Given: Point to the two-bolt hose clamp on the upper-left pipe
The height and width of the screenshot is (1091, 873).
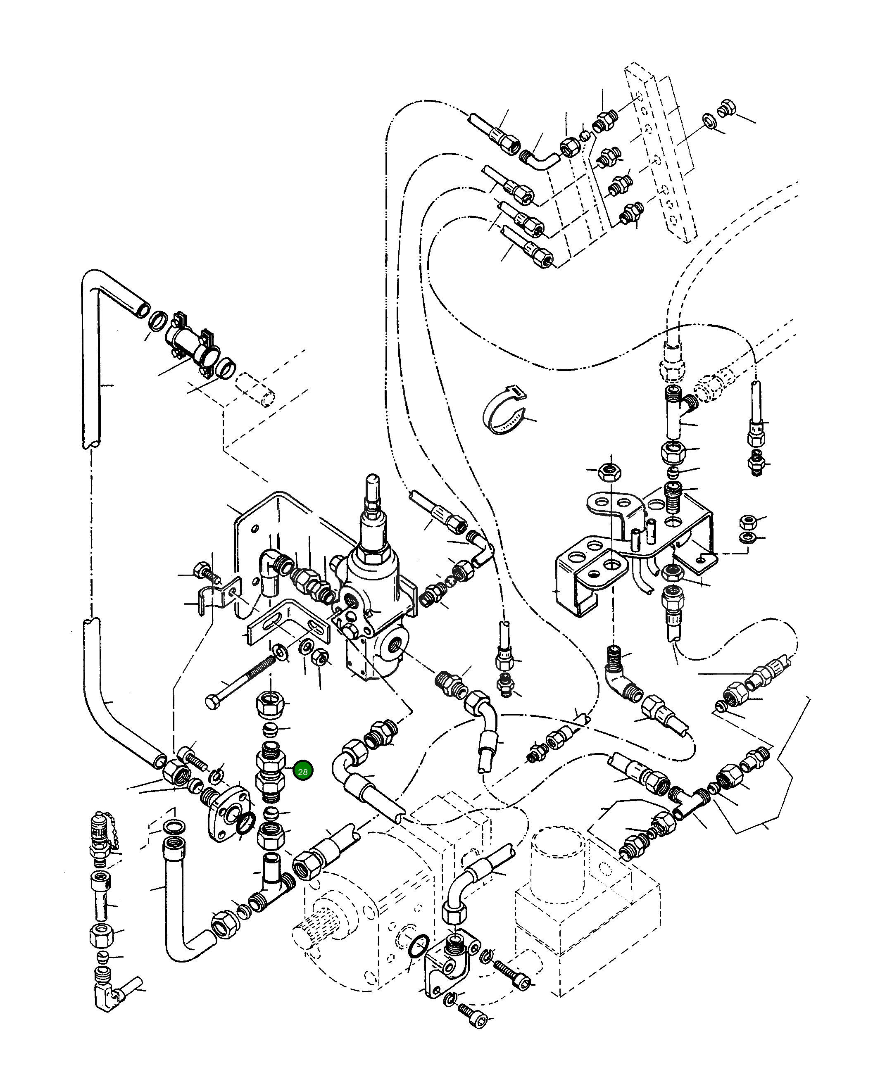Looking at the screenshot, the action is tap(193, 340).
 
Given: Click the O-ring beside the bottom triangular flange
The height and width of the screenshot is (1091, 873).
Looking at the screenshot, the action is tap(419, 947).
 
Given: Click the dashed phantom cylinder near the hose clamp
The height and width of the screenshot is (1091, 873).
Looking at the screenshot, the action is tap(256, 390).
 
